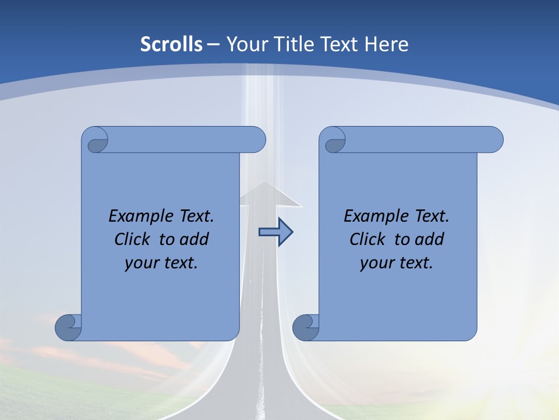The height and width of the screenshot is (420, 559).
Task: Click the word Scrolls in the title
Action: [172, 44]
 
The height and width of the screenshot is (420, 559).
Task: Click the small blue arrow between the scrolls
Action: [275, 232]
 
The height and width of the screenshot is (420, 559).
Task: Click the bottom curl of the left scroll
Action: [69, 327]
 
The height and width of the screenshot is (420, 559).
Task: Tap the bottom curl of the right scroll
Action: [306, 327]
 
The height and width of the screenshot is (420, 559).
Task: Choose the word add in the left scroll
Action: [194, 239]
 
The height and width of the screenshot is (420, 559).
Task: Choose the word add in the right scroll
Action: [430, 239]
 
